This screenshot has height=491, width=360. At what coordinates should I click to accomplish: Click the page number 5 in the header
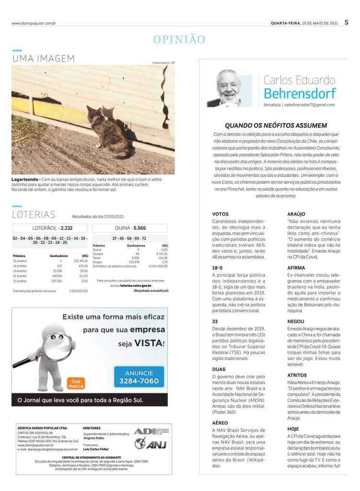[x=346, y=22]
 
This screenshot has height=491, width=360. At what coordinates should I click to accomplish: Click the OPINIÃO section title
[x=179, y=39]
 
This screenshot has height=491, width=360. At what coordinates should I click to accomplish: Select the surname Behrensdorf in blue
[x=300, y=93]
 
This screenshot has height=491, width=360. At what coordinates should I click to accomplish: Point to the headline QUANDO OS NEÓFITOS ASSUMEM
[x=276, y=125]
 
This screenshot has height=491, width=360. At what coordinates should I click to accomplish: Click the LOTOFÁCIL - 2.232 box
[x=43, y=228]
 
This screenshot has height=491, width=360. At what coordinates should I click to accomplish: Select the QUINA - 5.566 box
[x=129, y=228]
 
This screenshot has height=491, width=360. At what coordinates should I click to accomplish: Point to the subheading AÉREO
[x=220, y=423]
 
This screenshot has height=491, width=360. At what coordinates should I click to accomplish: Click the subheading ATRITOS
[x=297, y=374]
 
